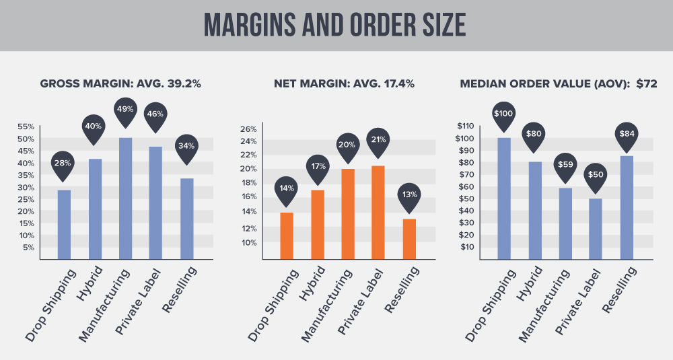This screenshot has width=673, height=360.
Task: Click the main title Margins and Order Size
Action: click(x=336, y=25)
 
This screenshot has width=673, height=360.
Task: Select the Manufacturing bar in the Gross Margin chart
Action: click(x=125, y=198)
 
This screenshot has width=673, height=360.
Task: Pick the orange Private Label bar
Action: click(x=378, y=212)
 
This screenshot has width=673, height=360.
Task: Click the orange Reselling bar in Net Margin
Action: click(x=409, y=238)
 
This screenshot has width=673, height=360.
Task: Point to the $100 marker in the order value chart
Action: click(x=503, y=112)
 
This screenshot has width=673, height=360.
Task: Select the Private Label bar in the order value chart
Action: click(x=596, y=228)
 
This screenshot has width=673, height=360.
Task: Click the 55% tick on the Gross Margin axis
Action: click(x=25, y=127)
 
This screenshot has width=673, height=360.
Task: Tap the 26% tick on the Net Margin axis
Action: click(x=248, y=129)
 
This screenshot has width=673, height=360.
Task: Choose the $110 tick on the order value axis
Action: click(x=466, y=126)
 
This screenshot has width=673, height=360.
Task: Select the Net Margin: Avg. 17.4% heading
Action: click(x=344, y=84)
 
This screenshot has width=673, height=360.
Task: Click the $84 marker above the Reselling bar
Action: click(x=626, y=133)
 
